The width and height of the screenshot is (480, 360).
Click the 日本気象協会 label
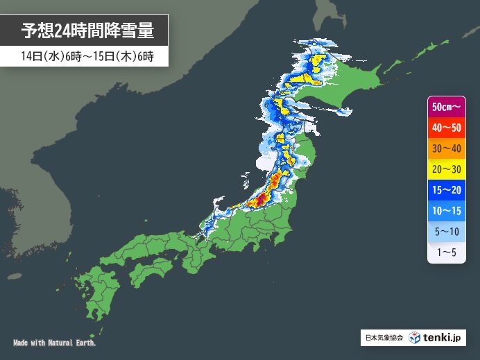pyautogui.click(x=384, y=338)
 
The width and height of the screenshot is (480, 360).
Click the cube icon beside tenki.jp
pyautogui.click(x=415, y=338)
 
